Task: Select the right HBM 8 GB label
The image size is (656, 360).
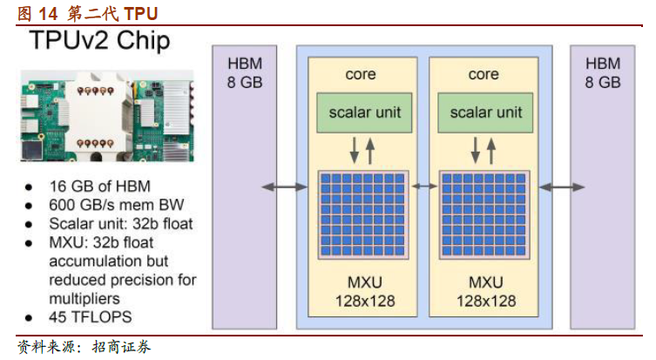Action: [x=602, y=73]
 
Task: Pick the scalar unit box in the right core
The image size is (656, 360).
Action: [x=485, y=112]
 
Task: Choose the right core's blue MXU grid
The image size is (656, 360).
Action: [x=485, y=213]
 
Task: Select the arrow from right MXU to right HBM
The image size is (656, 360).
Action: [x=561, y=187]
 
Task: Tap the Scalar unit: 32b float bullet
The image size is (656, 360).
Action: [x=120, y=224]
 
